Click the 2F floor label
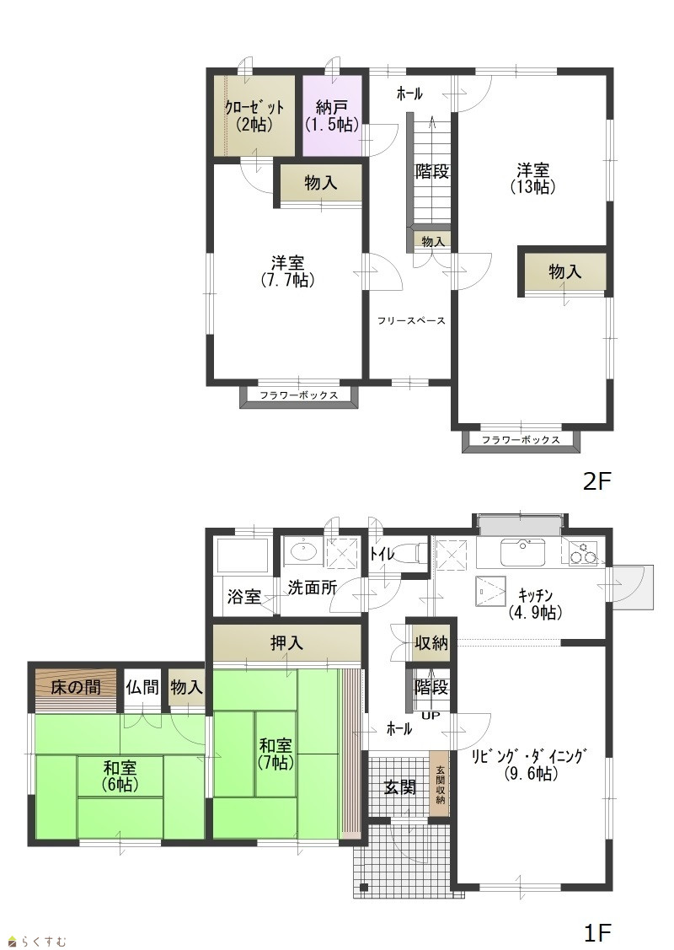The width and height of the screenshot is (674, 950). point(597,481)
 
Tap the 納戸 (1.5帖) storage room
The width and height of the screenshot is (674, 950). point(332,115)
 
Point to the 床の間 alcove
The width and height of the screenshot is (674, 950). point(76,690)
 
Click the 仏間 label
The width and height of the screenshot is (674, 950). point(142,687)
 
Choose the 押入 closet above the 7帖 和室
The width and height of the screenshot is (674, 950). point(287,643)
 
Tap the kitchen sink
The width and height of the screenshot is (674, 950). point(523,551)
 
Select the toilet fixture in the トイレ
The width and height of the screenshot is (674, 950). point(413,553)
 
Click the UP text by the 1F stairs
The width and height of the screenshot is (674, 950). point(434,715)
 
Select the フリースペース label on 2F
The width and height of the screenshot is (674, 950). point(412,321)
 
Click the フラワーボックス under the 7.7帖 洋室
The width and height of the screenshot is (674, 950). point(299,395)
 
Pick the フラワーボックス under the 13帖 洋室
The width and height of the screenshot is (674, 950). point(521,441)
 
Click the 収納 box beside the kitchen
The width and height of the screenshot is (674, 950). point(431,643)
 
